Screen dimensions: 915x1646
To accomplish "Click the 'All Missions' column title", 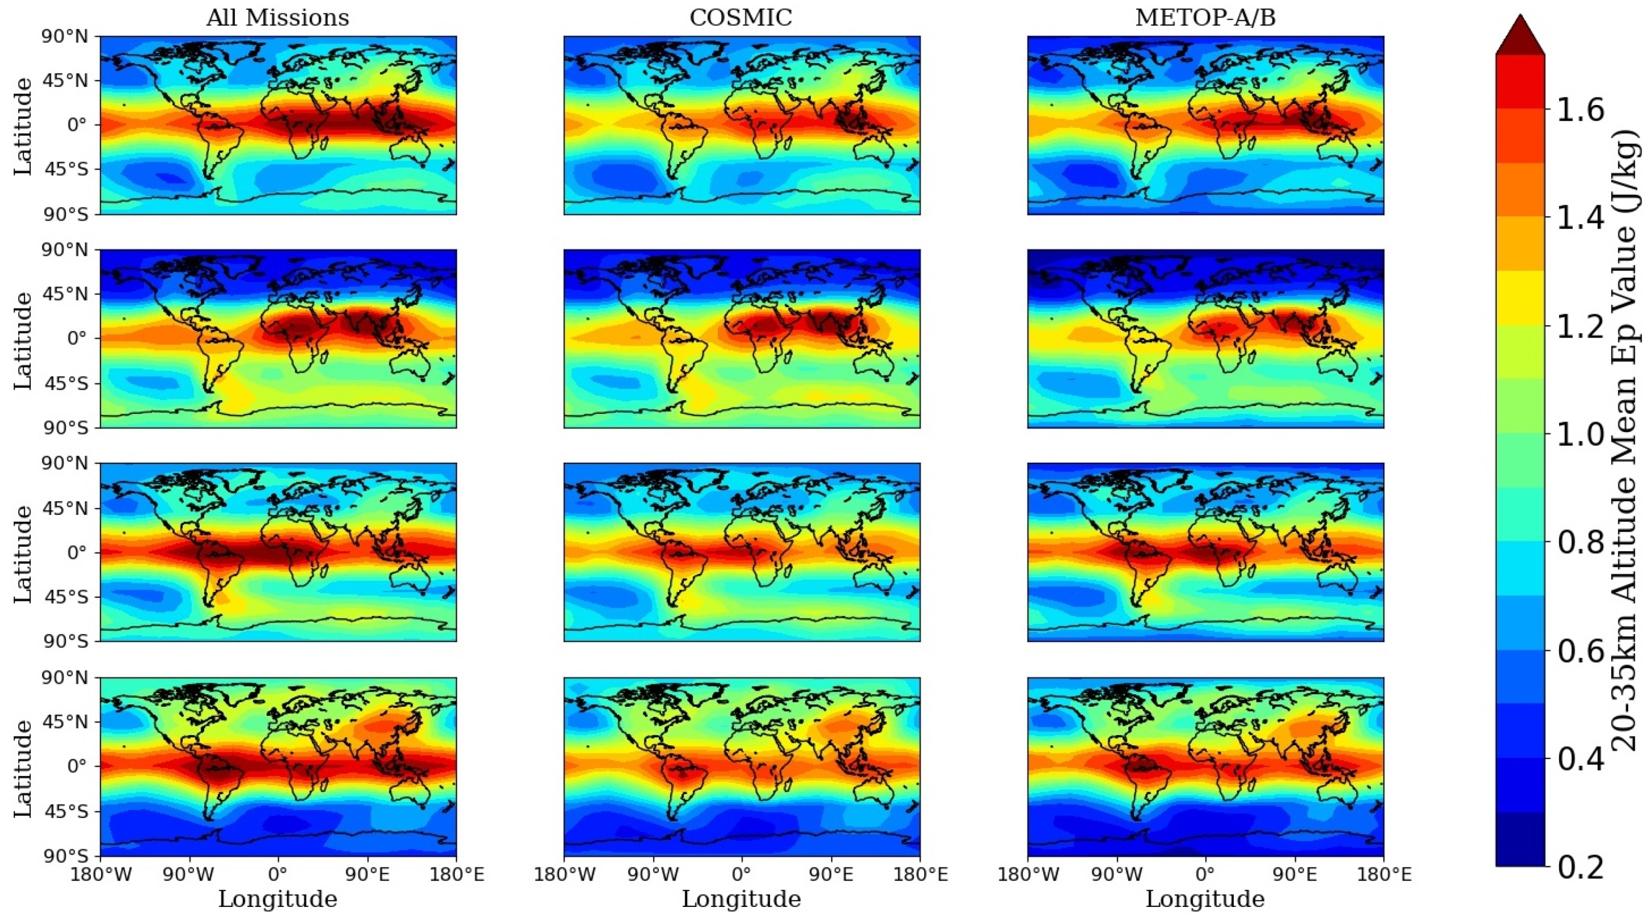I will [x=277, y=17].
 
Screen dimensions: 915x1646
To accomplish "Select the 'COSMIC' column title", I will [x=741, y=17].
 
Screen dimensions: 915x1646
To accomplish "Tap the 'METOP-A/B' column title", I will [x=1205, y=17].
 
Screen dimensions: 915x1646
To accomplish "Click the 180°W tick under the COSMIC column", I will [x=564, y=874].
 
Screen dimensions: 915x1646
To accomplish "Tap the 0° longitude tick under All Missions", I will [x=277, y=874].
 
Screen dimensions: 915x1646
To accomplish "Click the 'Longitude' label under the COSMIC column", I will [x=741, y=899].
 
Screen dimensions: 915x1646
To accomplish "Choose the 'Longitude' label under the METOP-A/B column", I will [x=1205, y=899].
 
